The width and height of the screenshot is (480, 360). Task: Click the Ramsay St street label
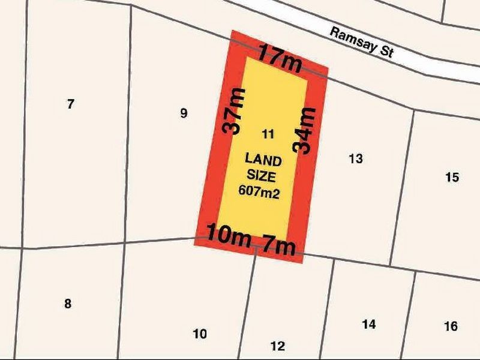(361, 41)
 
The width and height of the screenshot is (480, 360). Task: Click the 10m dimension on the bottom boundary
(228, 235)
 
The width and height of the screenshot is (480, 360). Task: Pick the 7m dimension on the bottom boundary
(277, 244)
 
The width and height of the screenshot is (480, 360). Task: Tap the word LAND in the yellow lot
(263, 160)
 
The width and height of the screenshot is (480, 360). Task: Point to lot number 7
(71, 104)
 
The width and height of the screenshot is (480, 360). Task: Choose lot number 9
(184, 113)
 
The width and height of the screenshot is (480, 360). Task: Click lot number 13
(355, 159)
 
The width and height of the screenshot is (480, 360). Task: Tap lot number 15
(452, 177)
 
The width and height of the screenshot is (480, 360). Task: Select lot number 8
(68, 304)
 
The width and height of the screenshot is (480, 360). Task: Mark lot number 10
(200, 334)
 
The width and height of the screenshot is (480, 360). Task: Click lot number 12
(277, 346)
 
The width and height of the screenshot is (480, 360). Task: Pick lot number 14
(369, 325)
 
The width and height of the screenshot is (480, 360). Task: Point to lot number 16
(451, 326)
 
